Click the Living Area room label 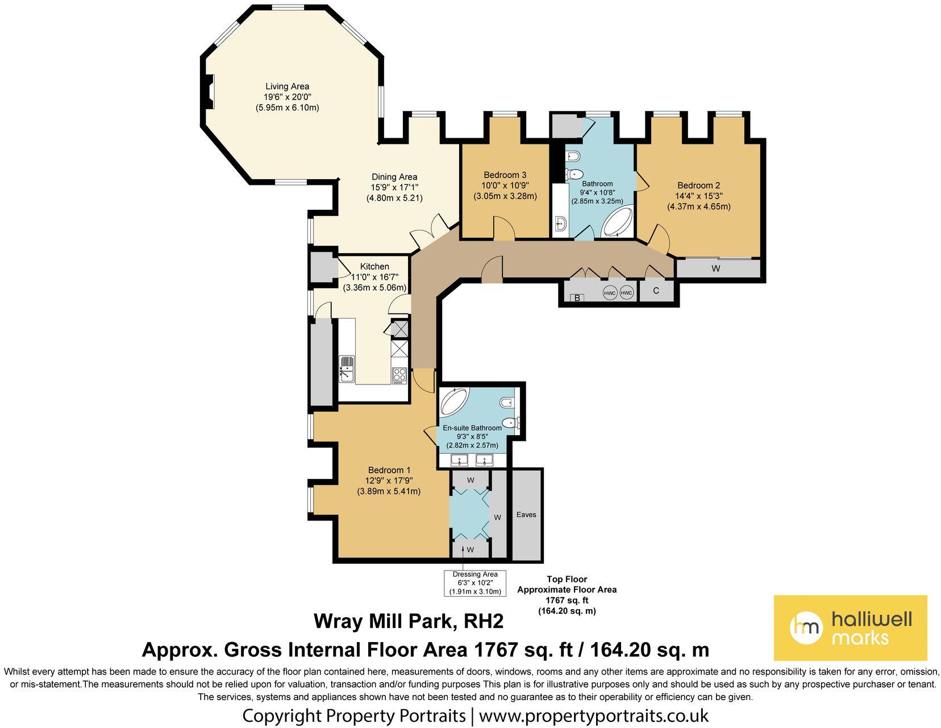tap(288, 86)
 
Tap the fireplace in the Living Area tap(210, 92)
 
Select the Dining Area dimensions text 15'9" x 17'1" tap(394, 187)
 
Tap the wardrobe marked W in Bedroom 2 tap(715, 268)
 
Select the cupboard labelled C tap(656, 291)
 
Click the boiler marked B tap(577, 297)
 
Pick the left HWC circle tap(610, 293)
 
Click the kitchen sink tap(346, 368)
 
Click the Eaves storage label tap(526, 514)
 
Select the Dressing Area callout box tap(474, 583)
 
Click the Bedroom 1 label tap(389, 470)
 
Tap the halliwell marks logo tap(850, 628)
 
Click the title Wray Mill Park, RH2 tap(409, 621)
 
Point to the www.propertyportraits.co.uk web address tap(593, 715)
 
